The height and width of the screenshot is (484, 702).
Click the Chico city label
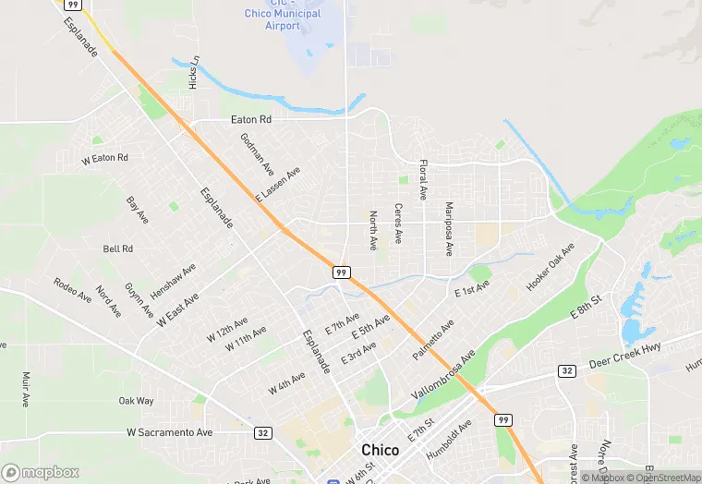pyautogui.click(x=381, y=450)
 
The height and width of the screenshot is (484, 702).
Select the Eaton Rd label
pyautogui.click(x=251, y=119)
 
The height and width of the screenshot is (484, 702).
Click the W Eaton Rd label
pyautogui.click(x=104, y=159)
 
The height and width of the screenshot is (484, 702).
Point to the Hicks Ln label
pyautogui.click(x=194, y=73)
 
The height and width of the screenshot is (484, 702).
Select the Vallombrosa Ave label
pyautogui.click(x=442, y=374)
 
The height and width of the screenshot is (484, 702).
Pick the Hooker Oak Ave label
pyautogui.click(x=551, y=268)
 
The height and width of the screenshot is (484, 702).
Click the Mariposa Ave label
pyautogui.click(x=450, y=228)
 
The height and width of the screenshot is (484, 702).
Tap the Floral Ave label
pyautogui.click(x=423, y=180)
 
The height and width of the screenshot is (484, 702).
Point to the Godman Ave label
pyautogui.click(x=257, y=154)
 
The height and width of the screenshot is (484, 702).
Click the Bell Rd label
pyautogui.click(x=118, y=248)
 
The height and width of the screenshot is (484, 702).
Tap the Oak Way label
pyautogui.click(x=136, y=401)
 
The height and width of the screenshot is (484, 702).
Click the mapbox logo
pyautogui.click(x=41, y=472)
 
